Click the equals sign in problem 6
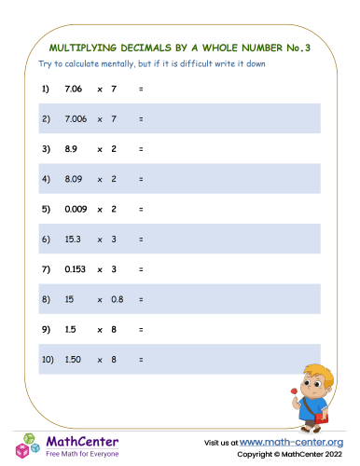click(140, 240)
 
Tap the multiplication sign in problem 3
click(99, 149)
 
